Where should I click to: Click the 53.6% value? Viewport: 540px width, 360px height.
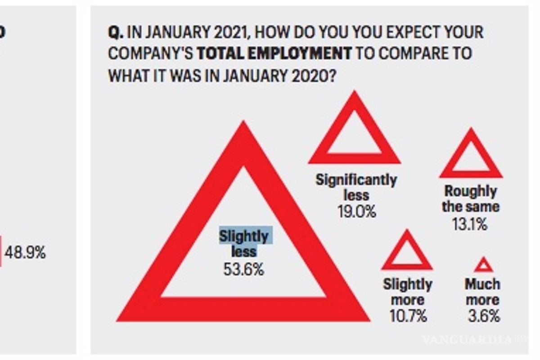pos(243,270)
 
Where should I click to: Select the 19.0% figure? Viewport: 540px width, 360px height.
pos(357,211)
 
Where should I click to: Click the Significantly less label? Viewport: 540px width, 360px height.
pos(356,188)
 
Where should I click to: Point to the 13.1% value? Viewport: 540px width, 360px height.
pos(470,223)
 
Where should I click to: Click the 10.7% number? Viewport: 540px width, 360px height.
pos(408,315)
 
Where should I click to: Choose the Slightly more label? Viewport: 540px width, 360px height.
pos(408,292)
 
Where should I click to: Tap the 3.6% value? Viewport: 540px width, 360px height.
pos(483,315)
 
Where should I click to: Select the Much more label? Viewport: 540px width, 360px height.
pos(482,292)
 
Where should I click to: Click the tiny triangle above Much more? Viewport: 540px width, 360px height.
pos(483,265)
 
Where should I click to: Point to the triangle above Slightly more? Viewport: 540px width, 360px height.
pos(407,252)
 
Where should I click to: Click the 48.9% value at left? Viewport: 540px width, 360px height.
pos(25,253)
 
